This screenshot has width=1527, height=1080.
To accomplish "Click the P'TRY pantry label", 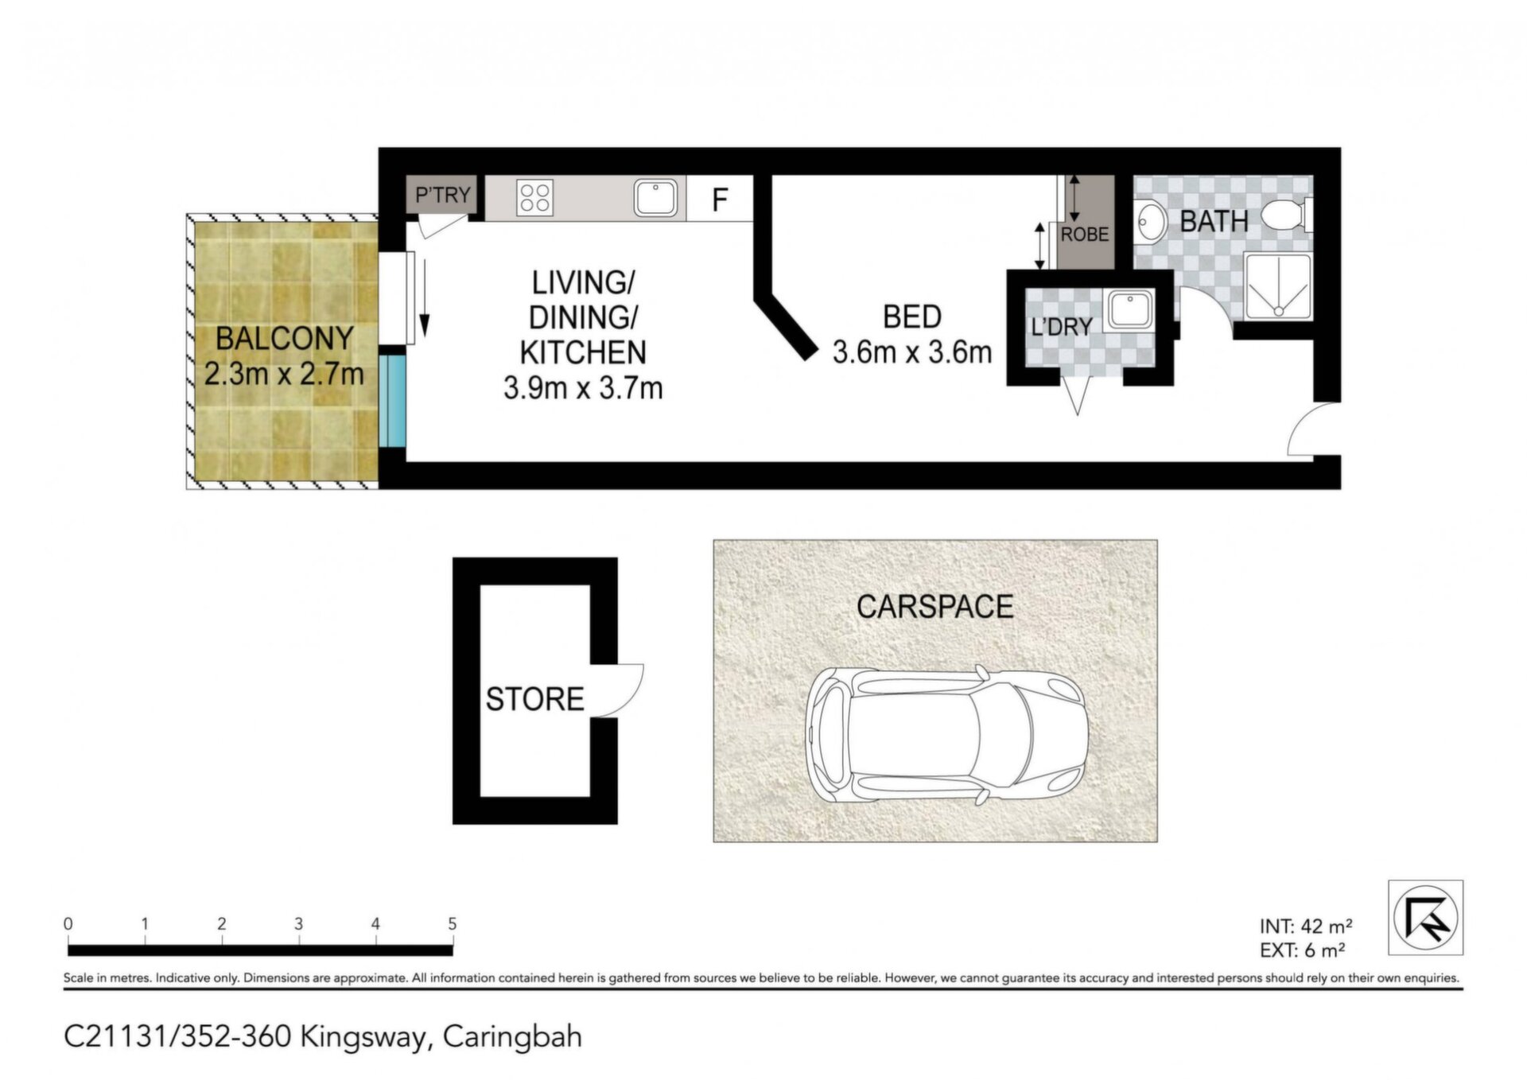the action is pos(443,195).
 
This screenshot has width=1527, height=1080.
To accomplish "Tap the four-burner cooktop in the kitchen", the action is pos(534,197).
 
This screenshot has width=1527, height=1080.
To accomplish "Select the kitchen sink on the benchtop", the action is pos(656,197).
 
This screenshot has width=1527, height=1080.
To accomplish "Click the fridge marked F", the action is pos(720,199).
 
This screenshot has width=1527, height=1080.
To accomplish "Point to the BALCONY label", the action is pos(285,339).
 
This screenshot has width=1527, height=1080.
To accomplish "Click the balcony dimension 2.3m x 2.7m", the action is pos(285,374).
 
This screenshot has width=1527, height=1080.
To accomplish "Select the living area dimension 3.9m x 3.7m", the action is pos(583,388).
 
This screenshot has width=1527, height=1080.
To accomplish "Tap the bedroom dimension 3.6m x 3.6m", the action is pos(912,352).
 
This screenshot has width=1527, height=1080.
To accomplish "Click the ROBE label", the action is pos(1085,235).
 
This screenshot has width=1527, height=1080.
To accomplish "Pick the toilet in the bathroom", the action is pos(1286,215).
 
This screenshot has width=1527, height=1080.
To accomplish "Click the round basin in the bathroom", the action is pos(1149,220).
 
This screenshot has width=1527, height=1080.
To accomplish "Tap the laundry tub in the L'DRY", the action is pos(1129,309).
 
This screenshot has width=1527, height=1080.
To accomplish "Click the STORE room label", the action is pos(534,699).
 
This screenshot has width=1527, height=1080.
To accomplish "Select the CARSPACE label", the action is pos(934,607).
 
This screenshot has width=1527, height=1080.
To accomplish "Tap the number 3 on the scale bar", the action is pos(298,924).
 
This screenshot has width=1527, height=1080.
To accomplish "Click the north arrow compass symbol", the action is pos(1426,918).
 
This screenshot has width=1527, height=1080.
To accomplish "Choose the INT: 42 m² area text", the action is pos(1306,927).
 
